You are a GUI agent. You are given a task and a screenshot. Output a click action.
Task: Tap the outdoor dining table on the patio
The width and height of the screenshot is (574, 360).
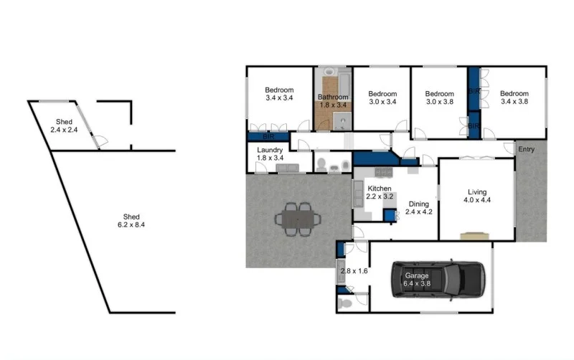pos(296,219)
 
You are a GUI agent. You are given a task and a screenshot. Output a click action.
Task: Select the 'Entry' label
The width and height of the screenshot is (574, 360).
pos(527,149)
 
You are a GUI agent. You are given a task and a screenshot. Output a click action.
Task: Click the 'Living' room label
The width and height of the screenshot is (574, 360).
pos(476,192)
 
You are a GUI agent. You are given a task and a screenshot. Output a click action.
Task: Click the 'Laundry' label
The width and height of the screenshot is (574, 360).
pos(270,150)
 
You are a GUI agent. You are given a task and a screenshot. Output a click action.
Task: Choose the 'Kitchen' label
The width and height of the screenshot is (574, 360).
pos(379,188)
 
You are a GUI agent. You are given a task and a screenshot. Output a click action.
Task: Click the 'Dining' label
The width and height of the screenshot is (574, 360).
pos(420,204)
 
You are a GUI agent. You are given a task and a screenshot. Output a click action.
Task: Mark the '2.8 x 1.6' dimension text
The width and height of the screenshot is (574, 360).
pos(352,271)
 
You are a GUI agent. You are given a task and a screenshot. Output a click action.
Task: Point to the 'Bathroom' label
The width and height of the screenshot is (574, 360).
pos(333,97)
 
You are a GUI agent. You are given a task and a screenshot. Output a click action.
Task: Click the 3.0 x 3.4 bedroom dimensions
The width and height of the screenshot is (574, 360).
pos(382,102)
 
